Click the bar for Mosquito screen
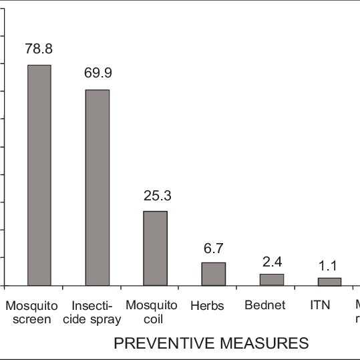point(39,175)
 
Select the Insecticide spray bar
point(97,187)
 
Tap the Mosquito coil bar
point(155,248)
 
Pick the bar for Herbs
point(214,274)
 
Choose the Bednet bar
point(271,279)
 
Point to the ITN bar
point(329,281)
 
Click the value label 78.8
point(39,49)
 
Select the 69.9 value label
point(97,73)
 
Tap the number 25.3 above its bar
point(155,195)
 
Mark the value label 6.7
point(214,247)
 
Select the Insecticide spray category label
point(96,312)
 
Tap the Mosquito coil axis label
point(155,312)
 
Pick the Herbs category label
point(207,305)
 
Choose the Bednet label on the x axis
point(265,305)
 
